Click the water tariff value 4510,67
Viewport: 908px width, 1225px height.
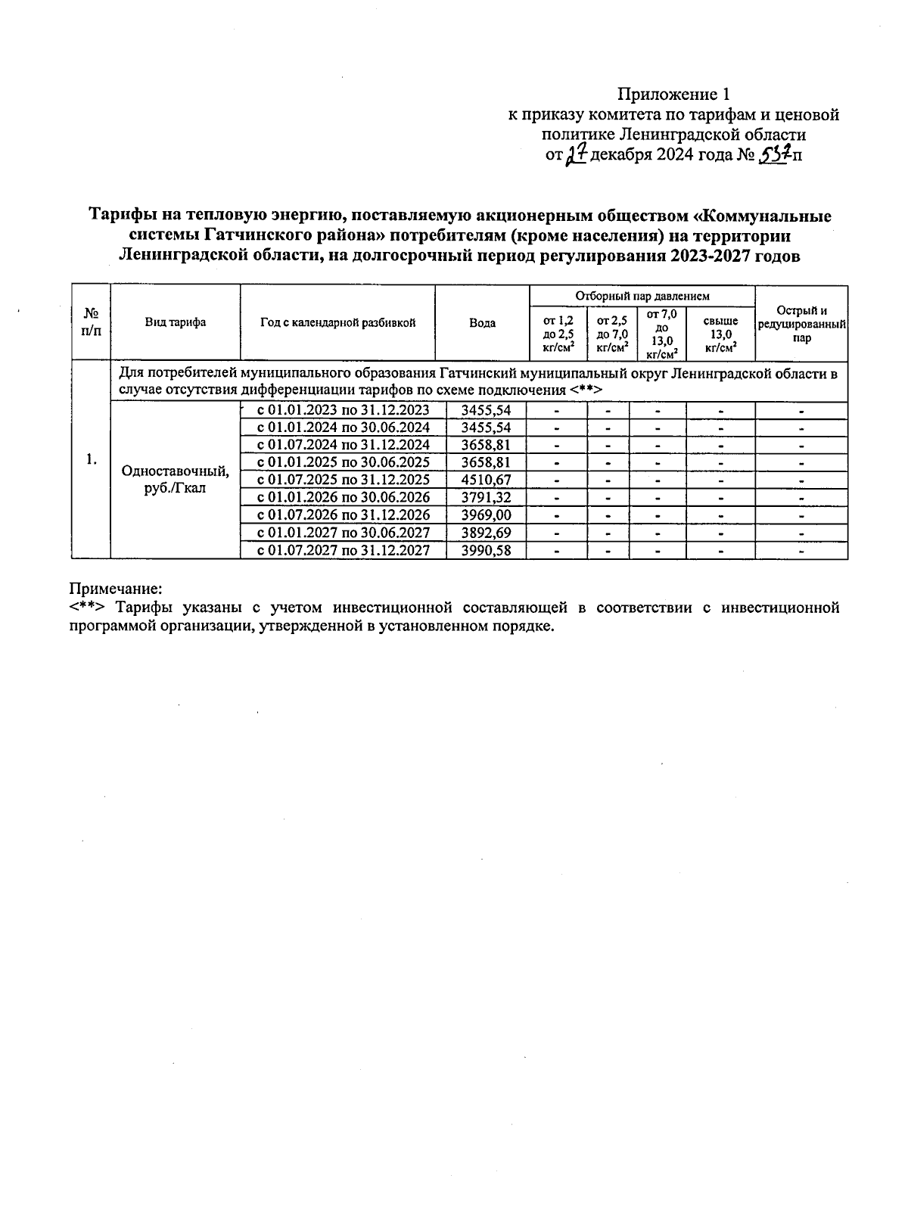486,480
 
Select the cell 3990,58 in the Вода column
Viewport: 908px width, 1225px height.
486,551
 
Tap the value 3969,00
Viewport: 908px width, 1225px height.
486,515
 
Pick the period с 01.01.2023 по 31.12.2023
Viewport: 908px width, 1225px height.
344,410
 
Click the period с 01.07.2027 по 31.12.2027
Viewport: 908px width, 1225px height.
344,551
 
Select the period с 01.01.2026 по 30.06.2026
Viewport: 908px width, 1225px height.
344,497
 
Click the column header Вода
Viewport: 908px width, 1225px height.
482,323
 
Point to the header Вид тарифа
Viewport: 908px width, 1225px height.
176,322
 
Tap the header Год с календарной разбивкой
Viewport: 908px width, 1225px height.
337,322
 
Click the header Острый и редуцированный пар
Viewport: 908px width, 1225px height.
801,324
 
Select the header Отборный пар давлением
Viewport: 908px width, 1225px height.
642,296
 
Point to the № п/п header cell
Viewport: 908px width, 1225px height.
91,322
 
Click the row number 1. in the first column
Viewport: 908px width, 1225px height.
91,459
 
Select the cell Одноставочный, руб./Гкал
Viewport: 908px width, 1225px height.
176,480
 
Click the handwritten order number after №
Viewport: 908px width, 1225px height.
773,155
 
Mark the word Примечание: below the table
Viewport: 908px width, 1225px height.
116,588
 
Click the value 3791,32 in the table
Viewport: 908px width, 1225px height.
486,497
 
